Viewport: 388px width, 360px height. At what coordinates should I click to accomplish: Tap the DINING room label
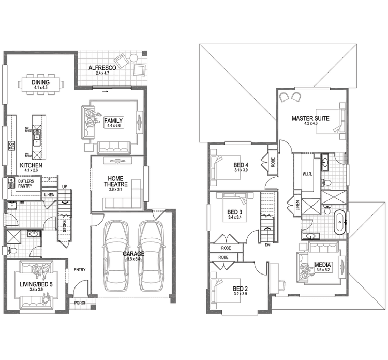40,82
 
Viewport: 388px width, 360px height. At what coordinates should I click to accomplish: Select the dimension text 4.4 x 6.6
113,126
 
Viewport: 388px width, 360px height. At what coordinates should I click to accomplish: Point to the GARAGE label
133,254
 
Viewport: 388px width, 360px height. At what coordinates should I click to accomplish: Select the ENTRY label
80,269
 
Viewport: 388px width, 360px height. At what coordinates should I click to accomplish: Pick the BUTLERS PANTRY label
25,183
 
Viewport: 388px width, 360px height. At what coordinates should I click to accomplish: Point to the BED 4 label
242,166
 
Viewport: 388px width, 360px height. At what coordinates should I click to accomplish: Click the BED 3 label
234,212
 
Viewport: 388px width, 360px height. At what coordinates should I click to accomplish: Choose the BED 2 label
241,289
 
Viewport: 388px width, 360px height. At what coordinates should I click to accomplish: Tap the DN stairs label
267,245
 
